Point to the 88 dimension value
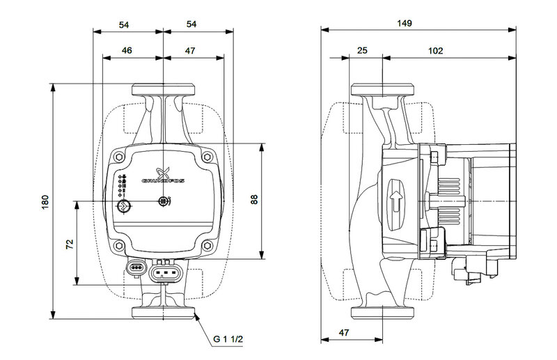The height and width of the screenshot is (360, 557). (x=255, y=201)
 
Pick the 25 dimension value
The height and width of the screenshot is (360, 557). (x=362, y=51)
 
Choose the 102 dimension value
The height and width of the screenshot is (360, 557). (x=437, y=51)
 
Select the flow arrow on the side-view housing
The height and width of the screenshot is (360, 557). (x=396, y=203)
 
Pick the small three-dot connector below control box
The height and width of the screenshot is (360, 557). (x=136, y=266)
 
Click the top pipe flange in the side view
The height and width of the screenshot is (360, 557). (x=382, y=91)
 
